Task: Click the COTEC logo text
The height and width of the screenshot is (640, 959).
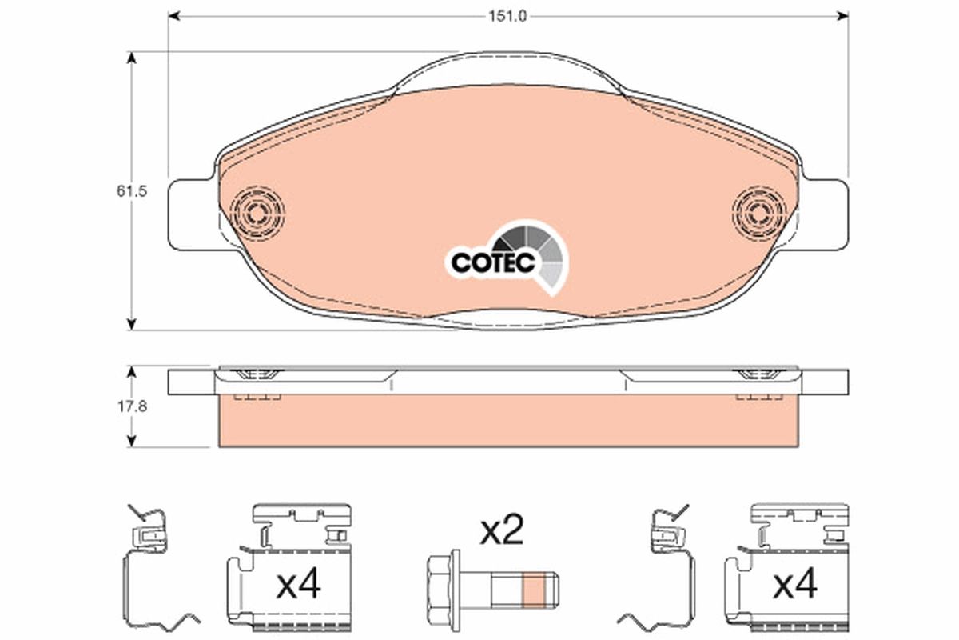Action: pos(492,262)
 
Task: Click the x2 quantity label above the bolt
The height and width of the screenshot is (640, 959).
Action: pos(501,531)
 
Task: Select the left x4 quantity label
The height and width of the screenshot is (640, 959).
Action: pos(297,586)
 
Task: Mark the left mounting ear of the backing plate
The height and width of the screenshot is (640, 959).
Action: pos(189,212)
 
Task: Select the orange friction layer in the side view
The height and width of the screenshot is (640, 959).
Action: pos(507,422)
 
